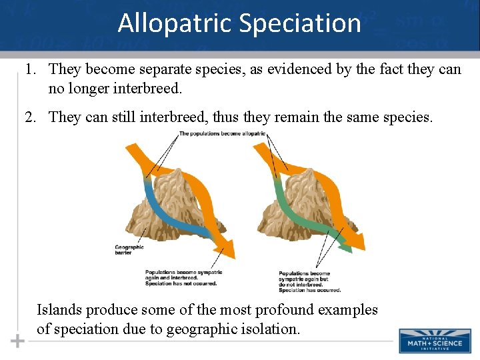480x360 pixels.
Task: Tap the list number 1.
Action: pos(30,69)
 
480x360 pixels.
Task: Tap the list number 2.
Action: pos(30,118)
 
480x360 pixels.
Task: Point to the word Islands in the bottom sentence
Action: pos(60,310)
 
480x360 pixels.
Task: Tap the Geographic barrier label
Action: pos(129,250)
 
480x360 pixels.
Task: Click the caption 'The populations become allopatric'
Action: pos(222,134)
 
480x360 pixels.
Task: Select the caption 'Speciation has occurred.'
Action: pos(309,290)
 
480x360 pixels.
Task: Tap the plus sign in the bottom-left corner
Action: pos(18,341)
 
